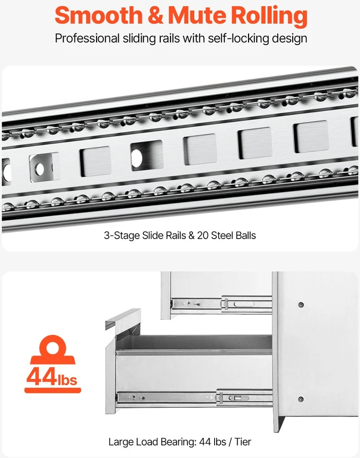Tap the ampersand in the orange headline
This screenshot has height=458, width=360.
pyautogui.click(x=156, y=16)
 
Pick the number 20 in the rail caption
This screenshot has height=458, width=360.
pyautogui.click(x=202, y=236)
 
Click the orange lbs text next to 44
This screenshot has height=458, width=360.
pyautogui.click(x=67, y=379)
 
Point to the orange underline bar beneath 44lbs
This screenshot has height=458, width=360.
pyautogui.click(x=52, y=390)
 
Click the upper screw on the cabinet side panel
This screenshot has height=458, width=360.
pyautogui.click(x=300, y=304)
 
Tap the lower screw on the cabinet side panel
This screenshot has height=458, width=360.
pyautogui.click(x=300, y=399)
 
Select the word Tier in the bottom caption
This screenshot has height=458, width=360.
pyautogui.click(x=242, y=442)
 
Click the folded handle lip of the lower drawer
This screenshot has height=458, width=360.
pyautogui.click(x=123, y=319)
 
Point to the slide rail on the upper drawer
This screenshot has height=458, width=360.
pyautogui.click(x=221, y=304)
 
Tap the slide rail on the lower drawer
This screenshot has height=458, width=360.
pyautogui.click(x=195, y=397)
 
